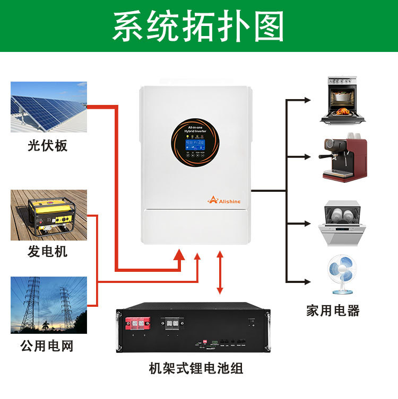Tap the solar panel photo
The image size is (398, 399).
point(48,107)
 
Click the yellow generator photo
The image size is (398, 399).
point(48,215)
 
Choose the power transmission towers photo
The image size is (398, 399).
point(48,304)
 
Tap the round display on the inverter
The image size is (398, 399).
point(195,144)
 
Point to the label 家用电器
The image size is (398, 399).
point(333,311)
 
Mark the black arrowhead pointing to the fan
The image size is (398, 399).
point(308,281)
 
